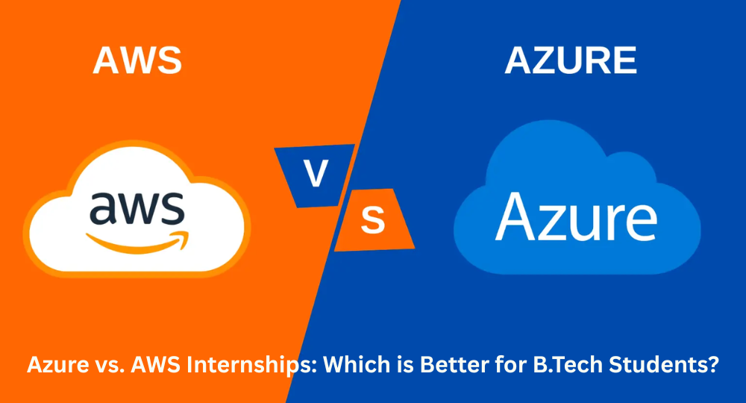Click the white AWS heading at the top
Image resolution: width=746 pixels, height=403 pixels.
(x=137, y=60)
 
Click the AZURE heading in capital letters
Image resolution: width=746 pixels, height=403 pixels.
(x=571, y=60)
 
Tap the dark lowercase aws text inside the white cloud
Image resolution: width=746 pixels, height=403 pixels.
(x=137, y=208)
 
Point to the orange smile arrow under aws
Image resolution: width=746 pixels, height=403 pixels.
(x=137, y=243)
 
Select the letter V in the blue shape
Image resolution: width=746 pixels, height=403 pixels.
(x=316, y=172)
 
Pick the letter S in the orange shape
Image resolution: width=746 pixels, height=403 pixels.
(x=372, y=219)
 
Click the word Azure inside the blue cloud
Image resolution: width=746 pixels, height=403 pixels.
(x=576, y=217)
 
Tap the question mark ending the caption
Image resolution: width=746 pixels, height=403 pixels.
(x=713, y=364)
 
